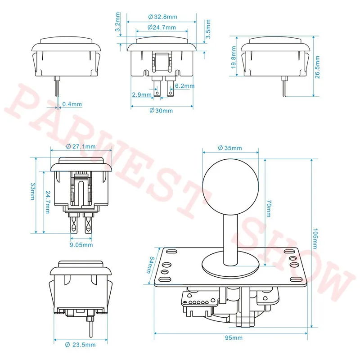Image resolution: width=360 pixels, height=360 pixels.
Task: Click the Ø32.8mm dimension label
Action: click(162, 17)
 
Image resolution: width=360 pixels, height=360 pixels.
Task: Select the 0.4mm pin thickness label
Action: click(72, 104)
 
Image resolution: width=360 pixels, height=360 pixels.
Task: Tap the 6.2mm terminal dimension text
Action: click(184, 86)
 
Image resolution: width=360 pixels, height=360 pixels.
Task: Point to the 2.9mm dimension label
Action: click(142, 94)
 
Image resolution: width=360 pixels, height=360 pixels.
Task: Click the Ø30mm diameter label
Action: click(161, 111)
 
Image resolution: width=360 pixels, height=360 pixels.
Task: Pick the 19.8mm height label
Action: click(234, 58)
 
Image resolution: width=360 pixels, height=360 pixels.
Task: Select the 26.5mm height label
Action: click(317, 67)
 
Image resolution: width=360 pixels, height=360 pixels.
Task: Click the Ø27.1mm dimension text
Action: click(81, 147)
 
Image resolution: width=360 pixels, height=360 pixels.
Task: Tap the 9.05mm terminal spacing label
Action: click(81, 245)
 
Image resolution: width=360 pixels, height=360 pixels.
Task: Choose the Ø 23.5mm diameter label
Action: click(81, 345)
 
